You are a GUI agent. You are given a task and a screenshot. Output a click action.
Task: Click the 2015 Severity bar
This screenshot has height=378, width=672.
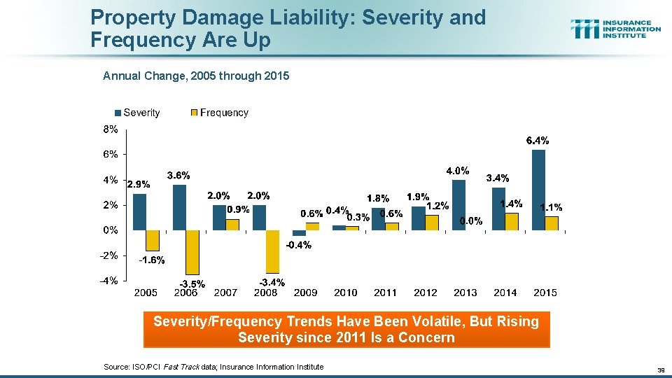tap(538, 190)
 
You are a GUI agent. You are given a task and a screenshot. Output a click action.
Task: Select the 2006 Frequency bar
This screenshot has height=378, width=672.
tap(192, 252)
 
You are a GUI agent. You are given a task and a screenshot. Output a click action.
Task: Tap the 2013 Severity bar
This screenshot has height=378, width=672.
tap(458, 204)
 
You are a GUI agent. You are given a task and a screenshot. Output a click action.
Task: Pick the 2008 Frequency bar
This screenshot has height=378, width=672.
tap(272, 251)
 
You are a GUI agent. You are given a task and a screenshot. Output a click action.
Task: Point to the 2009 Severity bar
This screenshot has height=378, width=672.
tap(299, 232)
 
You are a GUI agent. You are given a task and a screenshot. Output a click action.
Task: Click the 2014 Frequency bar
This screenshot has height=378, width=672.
tap(512, 221)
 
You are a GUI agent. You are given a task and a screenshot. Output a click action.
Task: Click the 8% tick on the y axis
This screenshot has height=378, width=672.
tap(111, 129)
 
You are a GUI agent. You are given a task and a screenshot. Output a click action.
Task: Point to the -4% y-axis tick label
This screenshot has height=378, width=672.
tap(108, 281)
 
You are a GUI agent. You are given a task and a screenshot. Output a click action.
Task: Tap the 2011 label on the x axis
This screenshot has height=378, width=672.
tap(385, 293)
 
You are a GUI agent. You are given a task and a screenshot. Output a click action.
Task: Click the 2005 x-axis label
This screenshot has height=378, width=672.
tap(146, 293)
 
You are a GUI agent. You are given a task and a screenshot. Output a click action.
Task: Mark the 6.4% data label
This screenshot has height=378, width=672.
tap(538, 141)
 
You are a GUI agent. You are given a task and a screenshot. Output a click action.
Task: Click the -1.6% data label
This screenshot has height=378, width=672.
tap(151, 260)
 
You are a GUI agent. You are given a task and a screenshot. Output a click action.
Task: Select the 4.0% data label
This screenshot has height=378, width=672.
tap(458, 170)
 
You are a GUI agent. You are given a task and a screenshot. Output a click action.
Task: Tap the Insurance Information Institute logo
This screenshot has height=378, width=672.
tap(615, 29)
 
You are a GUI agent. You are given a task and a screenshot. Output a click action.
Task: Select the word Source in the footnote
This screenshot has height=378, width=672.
tap(117, 367)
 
